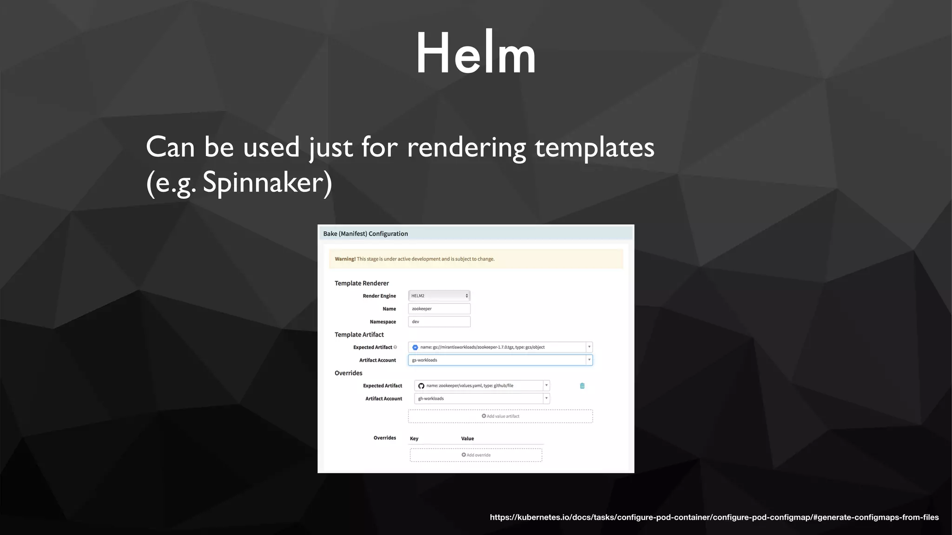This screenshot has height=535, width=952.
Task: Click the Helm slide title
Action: pyautogui.click(x=476, y=53)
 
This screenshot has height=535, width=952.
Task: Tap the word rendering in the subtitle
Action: pyautogui.click(x=466, y=148)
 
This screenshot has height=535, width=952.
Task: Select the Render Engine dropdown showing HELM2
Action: pyautogui.click(x=439, y=296)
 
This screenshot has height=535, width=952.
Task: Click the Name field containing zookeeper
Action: pyautogui.click(x=439, y=309)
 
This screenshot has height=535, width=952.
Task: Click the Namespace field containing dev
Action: pyautogui.click(x=439, y=322)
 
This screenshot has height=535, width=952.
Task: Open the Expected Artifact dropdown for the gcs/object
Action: pyautogui.click(x=500, y=347)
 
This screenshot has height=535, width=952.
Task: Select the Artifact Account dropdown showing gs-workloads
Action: pyautogui.click(x=500, y=360)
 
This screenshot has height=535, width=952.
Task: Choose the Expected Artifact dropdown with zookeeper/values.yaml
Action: pyautogui.click(x=482, y=386)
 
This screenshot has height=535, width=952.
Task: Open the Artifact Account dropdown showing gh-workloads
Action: pyautogui.click(x=482, y=399)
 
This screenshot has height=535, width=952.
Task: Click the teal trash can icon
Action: pyautogui.click(x=582, y=386)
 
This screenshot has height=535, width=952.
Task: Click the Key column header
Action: pyautogui.click(x=414, y=439)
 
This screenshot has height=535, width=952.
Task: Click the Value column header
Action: pyautogui.click(x=467, y=439)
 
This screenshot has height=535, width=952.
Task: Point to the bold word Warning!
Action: pyautogui.click(x=345, y=259)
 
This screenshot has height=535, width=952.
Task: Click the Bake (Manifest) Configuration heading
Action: pyautogui.click(x=365, y=234)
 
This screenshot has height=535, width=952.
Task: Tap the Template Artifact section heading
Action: pyautogui.click(x=359, y=335)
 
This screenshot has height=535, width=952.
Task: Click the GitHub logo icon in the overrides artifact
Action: pyautogui.click(x=421, y=386)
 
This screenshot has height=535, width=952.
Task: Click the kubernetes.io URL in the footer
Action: pyautogui.click(x=714, y=517)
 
